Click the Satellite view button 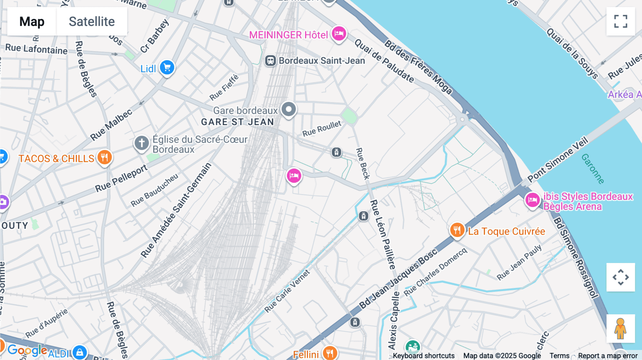(x=92, y=21)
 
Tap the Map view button (x=32, y=21)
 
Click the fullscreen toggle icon (x=621, y=21)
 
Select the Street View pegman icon (x=621, y=328)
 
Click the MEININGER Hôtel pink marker (x=339, y=34)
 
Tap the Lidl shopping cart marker (x=167, y=67)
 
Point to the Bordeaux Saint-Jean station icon (x=270, y=61)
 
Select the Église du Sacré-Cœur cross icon (x=142, y=143)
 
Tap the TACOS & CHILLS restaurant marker (x=105, y=157)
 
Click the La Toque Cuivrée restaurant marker (x=457, y=230)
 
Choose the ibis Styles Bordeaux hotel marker (x=533, y=200)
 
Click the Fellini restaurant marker (x=330, y=353)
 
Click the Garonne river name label (x=592, y=169)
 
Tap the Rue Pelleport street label (x=121, y=178)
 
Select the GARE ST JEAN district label (x=238, y=122)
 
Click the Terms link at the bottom (x=559, y=355)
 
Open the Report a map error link (x=608, y=355)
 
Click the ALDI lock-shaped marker (x=80, y=352)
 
